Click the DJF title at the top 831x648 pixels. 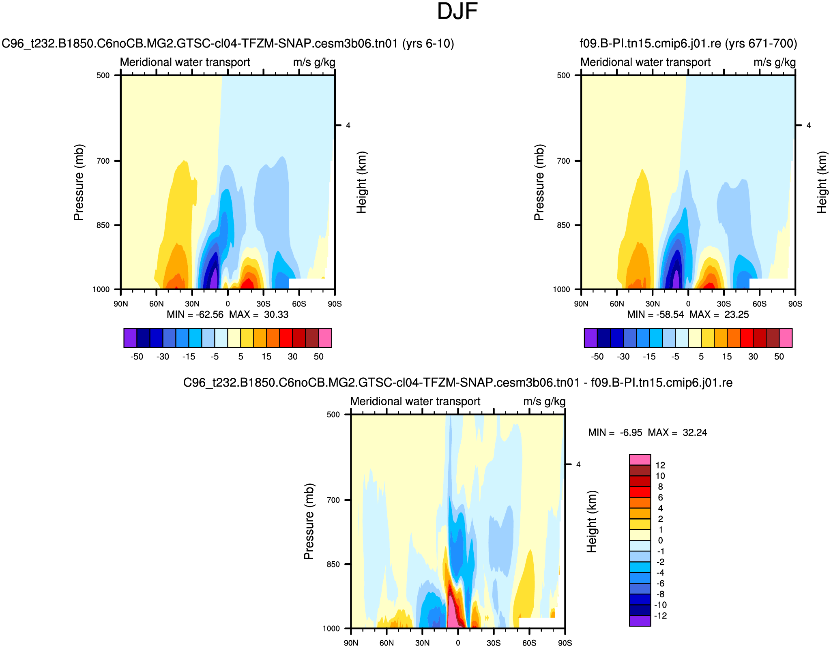(x=457, y=11)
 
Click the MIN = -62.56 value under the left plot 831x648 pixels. (x=195, y=315)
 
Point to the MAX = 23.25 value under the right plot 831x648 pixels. (x=719, y=315)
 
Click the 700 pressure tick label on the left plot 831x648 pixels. (x=103, y=161)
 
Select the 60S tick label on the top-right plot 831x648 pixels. (x=759, y=304)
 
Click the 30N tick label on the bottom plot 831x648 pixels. (x=422, y=643)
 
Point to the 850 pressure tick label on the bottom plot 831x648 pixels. (x=333, y=565)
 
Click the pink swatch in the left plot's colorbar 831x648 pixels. (x=325, y=338)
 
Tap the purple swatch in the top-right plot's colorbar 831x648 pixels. (x=591, y=338)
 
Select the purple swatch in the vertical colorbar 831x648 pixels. (x=640, y=621)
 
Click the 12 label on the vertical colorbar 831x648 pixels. (x=660, y=465)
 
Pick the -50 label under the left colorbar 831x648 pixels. (x=137, y=357)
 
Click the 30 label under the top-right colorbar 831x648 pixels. (x=753, y=357)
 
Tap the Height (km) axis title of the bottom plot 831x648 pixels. (x=592, y=522)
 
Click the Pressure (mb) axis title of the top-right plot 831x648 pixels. (x=539, y=182)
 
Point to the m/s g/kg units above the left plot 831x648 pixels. (x=314, y=62)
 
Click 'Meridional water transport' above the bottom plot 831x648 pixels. (x=415, y=402)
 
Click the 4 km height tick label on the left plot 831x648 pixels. (x=348, y=126)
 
